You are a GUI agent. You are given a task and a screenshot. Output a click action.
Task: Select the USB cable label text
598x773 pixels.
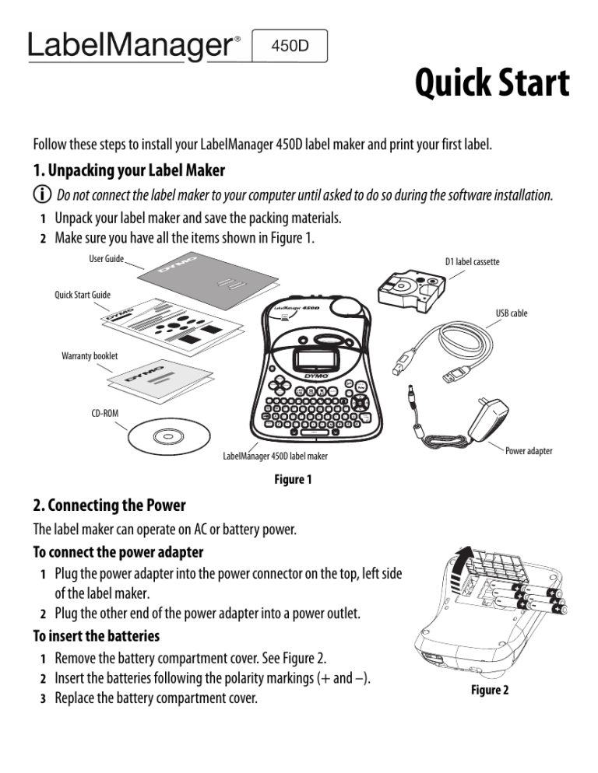pos(512,313)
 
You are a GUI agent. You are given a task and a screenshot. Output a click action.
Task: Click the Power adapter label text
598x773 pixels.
pos(529,450)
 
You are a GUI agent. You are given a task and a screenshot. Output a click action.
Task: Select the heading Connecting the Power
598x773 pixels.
pos(109,506)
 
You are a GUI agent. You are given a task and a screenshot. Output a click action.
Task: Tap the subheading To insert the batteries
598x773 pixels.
pos(97,635)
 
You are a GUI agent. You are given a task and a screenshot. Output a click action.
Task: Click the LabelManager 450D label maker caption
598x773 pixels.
pos(275,456)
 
